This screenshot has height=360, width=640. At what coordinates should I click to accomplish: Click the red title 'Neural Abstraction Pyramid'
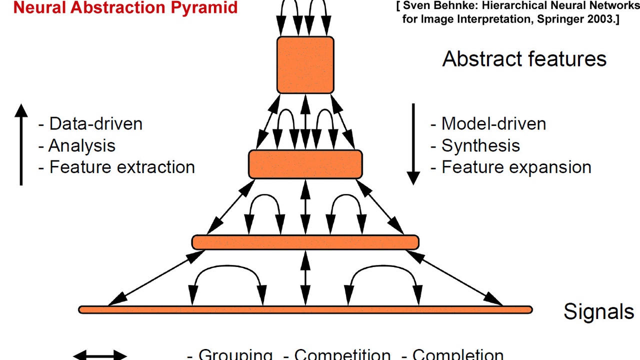[x=125, y=7]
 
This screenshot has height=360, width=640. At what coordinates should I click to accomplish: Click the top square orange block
[x=305, y=65]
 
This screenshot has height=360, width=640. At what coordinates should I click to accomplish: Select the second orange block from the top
[x=305, y=164]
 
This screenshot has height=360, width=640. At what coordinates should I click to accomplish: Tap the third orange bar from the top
[x=305, y=242]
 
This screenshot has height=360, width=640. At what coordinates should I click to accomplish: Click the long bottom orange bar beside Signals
[x=305, y=310]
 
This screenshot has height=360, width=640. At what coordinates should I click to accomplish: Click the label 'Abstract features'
[x=524, y=59]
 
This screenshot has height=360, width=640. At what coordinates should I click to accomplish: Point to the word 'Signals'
[x=598, y=311]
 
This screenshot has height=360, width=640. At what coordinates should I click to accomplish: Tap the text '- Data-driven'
[x=90, y=124]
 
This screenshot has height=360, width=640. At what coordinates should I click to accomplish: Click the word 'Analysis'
[x=82, y=146]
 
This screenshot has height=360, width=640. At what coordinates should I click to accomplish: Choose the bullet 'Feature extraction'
[x=121, y=167]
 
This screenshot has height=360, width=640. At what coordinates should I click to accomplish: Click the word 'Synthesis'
[x=480, y=146]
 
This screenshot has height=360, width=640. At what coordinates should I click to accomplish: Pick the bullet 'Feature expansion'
[x=516, y=167]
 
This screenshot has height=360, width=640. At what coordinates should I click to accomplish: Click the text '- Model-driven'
[x=488, y=124]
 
